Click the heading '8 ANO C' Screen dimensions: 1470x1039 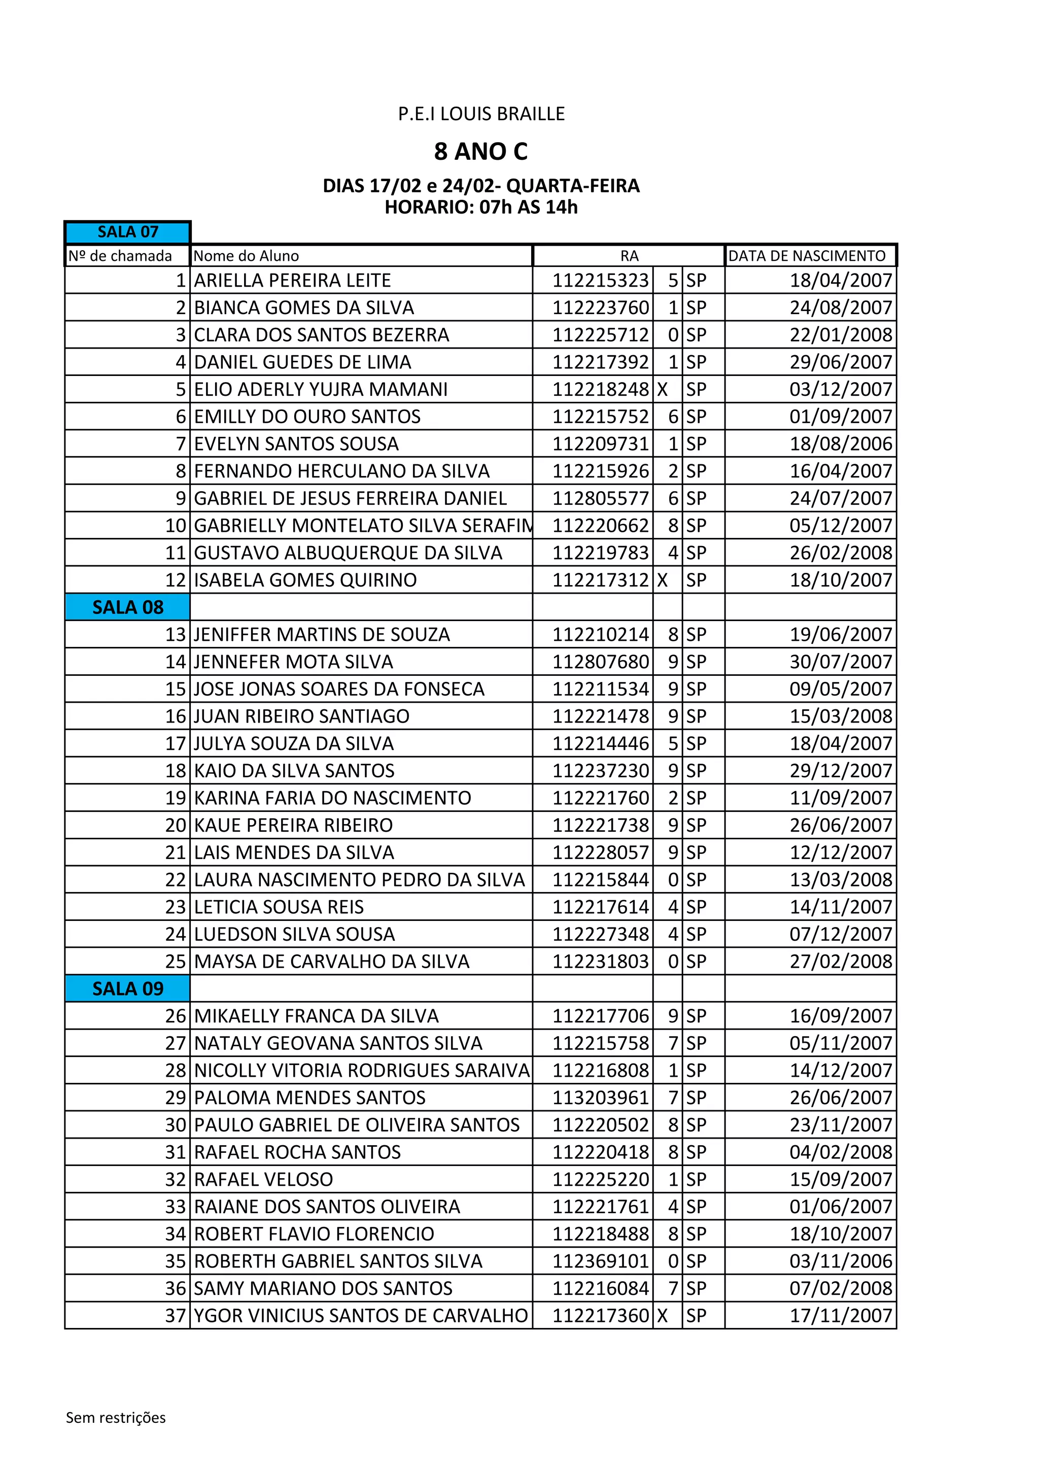coord(481,152)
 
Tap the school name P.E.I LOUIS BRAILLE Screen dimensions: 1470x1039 coord(481,114)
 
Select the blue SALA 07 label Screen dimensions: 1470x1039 coord(128,232)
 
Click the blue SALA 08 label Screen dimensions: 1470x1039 coord(128,607)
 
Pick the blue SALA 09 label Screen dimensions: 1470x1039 coord(128,988)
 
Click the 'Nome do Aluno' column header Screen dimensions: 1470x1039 coord(247,256)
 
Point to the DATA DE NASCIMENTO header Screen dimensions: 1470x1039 coord(807,256)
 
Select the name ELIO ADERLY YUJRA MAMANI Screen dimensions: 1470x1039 coord(321,389)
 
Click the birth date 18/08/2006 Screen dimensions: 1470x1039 coord(841,443)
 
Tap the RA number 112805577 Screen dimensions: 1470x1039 coord(601,498)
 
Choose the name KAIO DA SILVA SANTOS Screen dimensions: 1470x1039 coord(294,771)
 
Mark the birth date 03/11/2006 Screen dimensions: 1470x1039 coord(841,1261)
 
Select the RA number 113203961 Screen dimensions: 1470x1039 coord(601,1098)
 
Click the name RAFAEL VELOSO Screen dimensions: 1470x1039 coord(264,1179)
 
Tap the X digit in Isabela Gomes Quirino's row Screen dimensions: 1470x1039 coord(663,580)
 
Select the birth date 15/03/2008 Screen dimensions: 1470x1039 coord(841,716)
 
